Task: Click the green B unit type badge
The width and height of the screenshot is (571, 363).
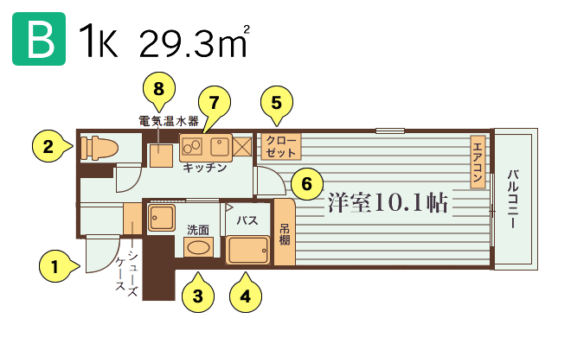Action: tap(39, 39)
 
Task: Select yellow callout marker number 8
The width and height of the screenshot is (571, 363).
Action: tap(159, 90)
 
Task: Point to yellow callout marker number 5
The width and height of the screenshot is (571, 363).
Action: tap(277, 104)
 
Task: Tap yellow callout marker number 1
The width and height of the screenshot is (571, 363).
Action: tap(57, 266)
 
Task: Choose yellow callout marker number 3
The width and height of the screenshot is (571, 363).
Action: tap(198, 295)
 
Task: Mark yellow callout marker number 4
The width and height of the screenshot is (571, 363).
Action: tap(246, 295)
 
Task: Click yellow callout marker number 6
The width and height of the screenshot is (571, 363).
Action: tap(307, 184)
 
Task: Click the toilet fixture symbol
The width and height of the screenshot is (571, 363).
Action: tap(99, 148)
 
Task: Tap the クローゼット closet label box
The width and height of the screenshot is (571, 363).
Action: tap(281, 147)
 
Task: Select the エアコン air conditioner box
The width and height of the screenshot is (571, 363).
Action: tap(478, 162)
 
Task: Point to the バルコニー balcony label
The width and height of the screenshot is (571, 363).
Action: tap(513, 199)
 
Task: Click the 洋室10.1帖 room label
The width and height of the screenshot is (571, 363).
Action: tap(388, 202)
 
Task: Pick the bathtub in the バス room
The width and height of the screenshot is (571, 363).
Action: tap(248, 251)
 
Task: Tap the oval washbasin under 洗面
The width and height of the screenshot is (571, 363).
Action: tap(198, 248)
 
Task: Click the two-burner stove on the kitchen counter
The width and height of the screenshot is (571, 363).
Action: tap(192, 147)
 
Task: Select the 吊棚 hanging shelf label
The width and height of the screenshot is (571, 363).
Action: tap(285, 234)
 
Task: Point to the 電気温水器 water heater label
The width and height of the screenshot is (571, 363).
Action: tap(169, 121)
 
